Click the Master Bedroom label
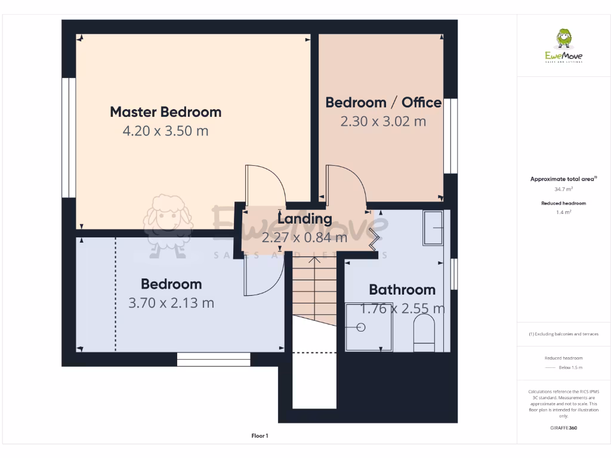[165, 112]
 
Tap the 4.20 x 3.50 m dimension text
[165, 131]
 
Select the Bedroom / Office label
[383, 102]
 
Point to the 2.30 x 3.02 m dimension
[383, 121]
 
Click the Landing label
[304, 219]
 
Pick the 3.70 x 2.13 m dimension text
[171, 303]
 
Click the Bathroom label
[402, 290]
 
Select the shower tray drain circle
[360, 327]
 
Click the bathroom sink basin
[433, 228]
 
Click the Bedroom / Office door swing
[344, 185]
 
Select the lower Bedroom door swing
[263, 277]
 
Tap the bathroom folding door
[375, 237]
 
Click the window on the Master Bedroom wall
[69, 137]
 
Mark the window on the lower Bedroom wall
[214, 359]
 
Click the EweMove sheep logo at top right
[564, 39]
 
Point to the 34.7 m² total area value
[563, 189]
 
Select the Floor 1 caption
[260, 436]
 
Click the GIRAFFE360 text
[563, 428]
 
